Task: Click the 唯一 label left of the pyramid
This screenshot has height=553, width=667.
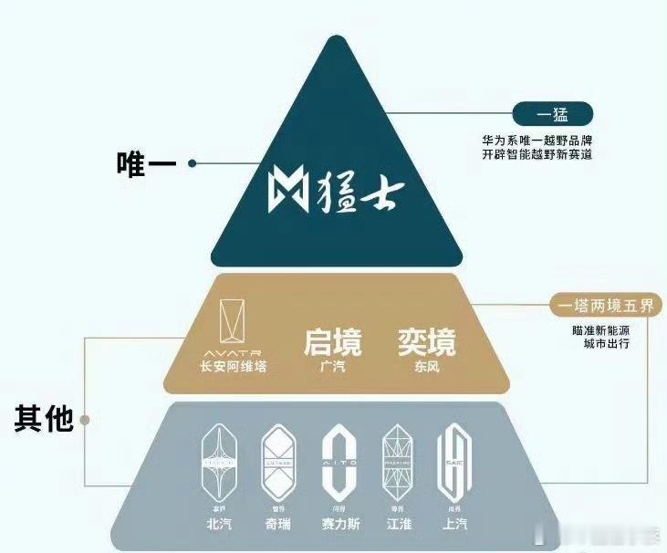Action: (x=147, y=164)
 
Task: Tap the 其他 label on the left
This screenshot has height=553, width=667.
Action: (x=43, y=419)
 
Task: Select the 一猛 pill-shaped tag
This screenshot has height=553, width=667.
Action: (x=553, y=115)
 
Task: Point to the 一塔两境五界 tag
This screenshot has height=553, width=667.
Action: (x=606, y=306)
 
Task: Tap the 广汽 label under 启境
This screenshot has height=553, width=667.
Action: (x=332, y=367)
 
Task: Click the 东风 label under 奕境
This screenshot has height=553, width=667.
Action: (x=426, y=367)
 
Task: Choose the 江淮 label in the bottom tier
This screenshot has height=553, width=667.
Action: (x=397, y=526)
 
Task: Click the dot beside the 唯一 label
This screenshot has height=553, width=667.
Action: (x=193, y=164)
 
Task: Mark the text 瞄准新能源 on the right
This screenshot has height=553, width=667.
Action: (x=601, y=330)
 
